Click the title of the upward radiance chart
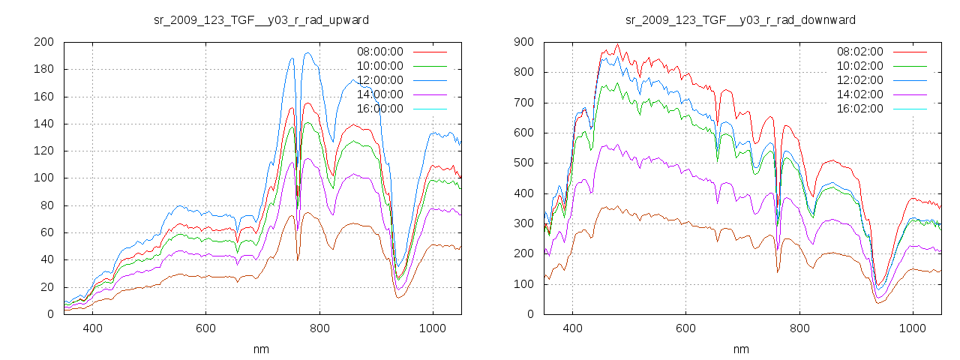coord(261,19)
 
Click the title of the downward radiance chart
coord(741,19)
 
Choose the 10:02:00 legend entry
coord(858,66)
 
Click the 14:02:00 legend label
coord(858,94)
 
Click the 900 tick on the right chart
coord(523,42)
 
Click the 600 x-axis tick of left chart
coord(205,328)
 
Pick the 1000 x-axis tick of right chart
coord(912,328)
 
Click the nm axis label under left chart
coord(261,349)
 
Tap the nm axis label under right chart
coord(741,349)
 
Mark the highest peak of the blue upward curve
coord(307,52)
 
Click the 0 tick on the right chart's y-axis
coord(529,314)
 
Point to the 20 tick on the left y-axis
coord(46,287)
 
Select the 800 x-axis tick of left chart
coord(319,328)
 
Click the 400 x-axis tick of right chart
coord(572,328)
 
